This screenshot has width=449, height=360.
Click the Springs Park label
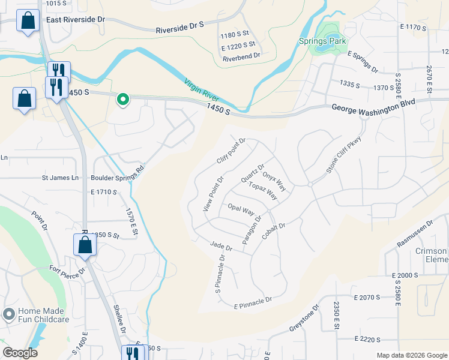(323, 41)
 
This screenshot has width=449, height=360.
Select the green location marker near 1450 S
(122, 99)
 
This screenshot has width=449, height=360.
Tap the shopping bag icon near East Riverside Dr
(27, 21)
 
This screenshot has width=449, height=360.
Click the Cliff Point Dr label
(231, 151)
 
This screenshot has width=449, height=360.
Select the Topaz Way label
(263, 190)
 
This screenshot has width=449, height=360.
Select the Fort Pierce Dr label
(67, 271)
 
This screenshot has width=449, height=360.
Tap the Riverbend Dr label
(241, 56)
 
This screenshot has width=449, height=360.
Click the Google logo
(20, 353)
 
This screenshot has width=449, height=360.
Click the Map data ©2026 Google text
(411, 355)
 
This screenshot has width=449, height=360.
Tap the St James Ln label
(60, 178)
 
